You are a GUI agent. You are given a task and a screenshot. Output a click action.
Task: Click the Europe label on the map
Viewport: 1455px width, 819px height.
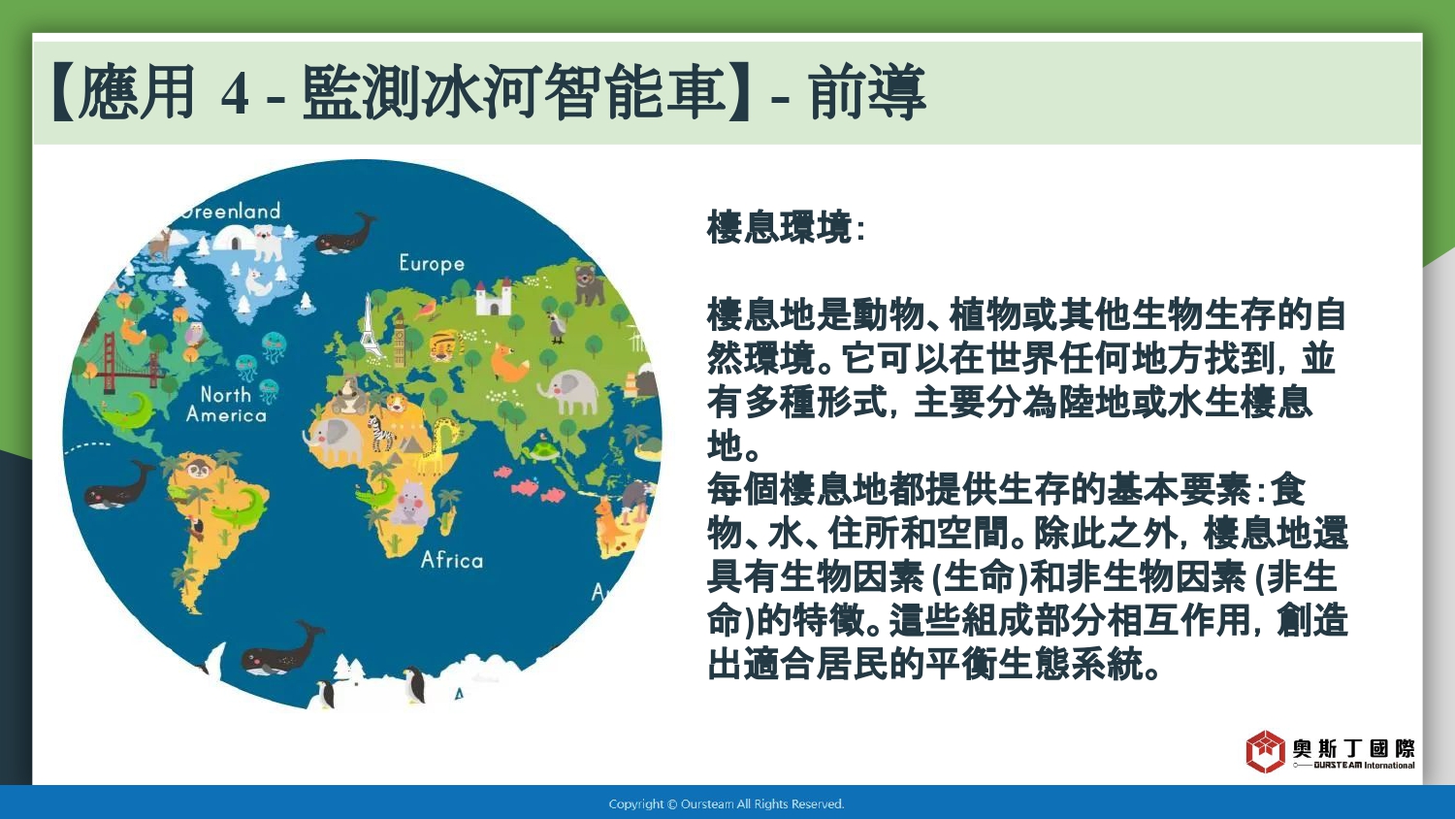432,263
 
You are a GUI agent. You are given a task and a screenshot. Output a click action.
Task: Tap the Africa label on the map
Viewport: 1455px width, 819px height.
452,560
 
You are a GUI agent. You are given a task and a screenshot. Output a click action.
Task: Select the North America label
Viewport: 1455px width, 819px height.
226,405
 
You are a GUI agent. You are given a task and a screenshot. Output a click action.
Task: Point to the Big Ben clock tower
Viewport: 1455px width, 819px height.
399,338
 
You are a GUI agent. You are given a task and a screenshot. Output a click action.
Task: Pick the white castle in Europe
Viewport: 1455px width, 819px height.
493,298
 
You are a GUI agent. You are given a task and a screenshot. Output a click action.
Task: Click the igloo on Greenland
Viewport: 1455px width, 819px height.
233,238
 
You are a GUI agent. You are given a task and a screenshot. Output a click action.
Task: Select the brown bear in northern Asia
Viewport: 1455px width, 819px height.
589,284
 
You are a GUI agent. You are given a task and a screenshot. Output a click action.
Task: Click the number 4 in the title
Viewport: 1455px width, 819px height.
235,95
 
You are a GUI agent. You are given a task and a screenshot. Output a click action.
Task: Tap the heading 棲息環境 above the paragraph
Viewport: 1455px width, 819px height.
780,227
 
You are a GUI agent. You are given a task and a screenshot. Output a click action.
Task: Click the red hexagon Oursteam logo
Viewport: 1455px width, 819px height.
1265,751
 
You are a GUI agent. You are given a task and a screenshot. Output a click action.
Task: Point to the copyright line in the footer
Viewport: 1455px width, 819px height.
727,804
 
